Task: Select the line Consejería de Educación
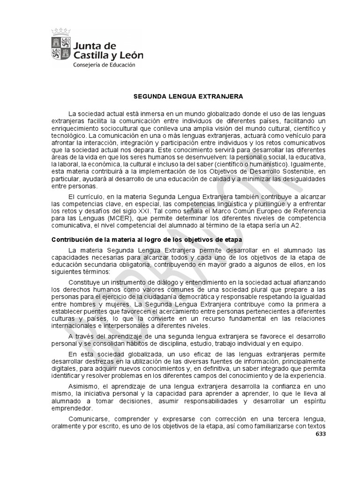(x=104, y=65)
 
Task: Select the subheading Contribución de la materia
(x=146, y=240)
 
